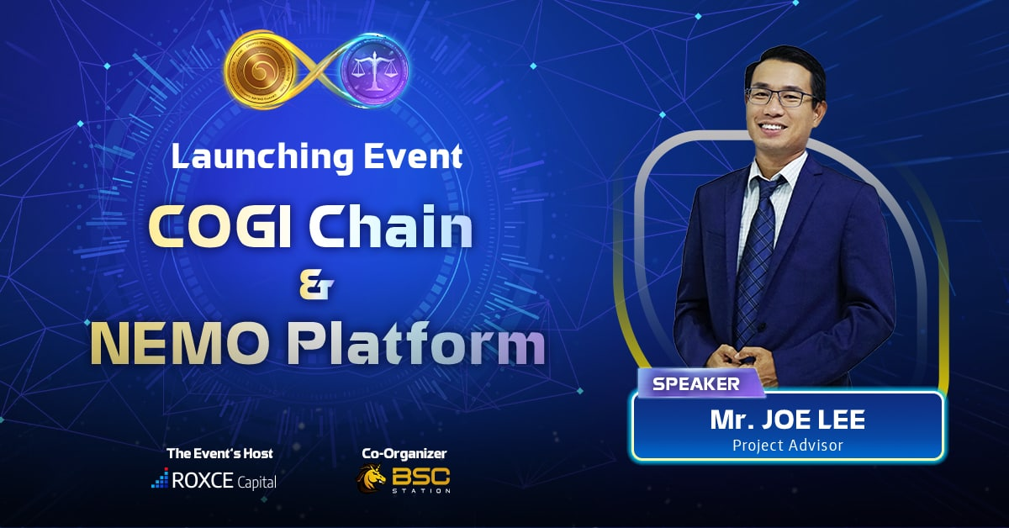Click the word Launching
(x=262, y=156)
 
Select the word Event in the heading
(x=413, y=156)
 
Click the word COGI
(x=219, y=228)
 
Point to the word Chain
(x=390, y=227)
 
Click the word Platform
(x=415, y=343)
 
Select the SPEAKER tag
(x=701, y=383)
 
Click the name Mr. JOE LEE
(x=787, y=420)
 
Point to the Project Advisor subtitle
(x=787, y=445)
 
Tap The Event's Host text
(x=219, y=453)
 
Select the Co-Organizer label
(x=404, y=454)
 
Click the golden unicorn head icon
(x=371, y=478)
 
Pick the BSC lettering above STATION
(x=420, y=476)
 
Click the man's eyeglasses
(x=781, y=97)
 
